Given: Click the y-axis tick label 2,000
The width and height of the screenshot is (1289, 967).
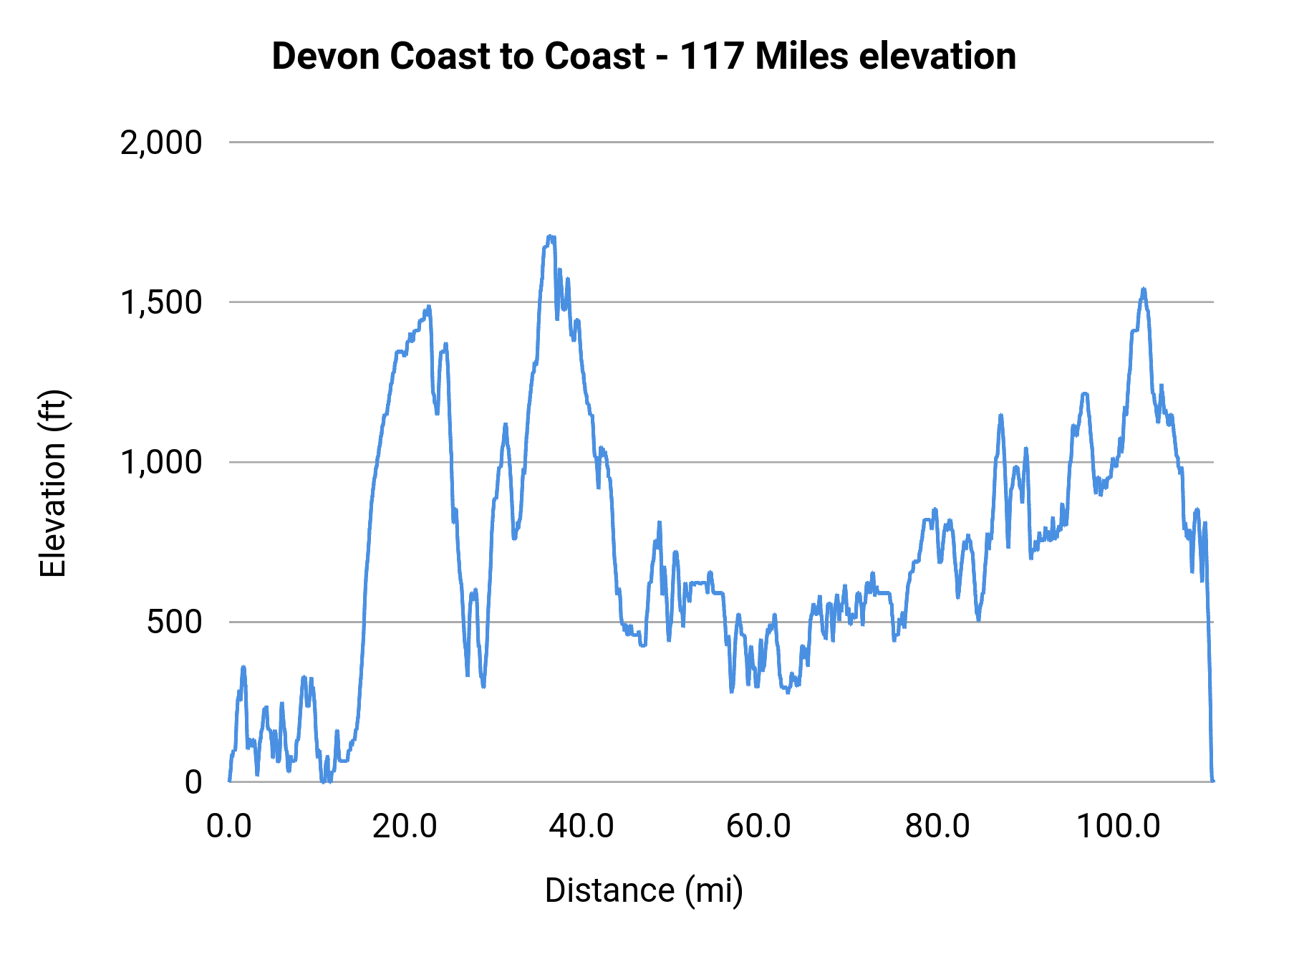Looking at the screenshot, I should (x=161, y=143).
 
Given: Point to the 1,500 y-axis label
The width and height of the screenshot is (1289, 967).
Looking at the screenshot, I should (x=161, y=303).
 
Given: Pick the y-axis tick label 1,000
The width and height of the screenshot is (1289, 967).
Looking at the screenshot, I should (x=161, y=463).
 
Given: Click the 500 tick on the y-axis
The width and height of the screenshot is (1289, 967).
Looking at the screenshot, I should (x=175, y=622).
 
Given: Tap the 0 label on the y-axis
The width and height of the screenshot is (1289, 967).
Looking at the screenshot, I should (x=193, y=782).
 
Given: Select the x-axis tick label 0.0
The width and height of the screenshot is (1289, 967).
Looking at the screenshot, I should (x=228, y=827).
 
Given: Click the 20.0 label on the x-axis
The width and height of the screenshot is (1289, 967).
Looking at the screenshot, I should (x=405, y=827).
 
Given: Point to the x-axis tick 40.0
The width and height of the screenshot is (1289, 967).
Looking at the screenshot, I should (x=581, y=827).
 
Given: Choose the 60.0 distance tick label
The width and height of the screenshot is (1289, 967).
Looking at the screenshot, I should (x=758, y=827).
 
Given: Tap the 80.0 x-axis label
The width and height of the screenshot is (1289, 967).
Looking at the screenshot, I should (x=937, y=827).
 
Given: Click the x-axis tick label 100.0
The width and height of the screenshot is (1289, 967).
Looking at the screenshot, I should (x=1118, y=827).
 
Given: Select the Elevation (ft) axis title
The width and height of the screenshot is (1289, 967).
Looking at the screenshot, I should (x=53, y=483).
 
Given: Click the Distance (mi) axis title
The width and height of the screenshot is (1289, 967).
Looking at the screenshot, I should (x=644, y=890).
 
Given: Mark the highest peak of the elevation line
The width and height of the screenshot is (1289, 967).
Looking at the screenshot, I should (x=550, y=236).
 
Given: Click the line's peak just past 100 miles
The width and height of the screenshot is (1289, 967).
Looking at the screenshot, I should (x=1144, y=289).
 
